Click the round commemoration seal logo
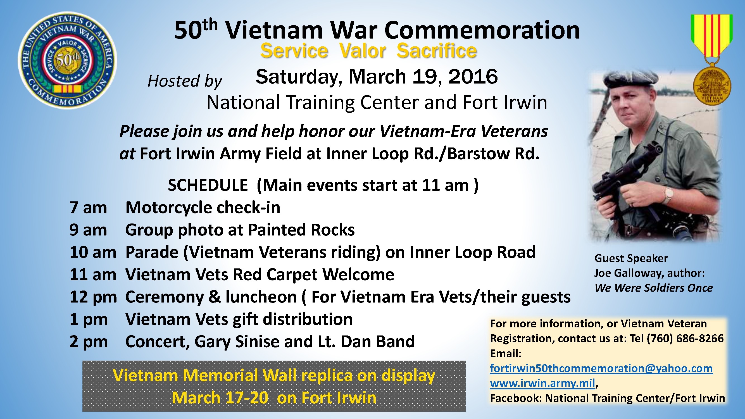[67, 60]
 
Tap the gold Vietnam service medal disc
[712, 86]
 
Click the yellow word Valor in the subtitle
[362, 51]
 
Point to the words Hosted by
[185, 81]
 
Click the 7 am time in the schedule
[88, 208]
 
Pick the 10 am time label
[93, 252]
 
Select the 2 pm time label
[89, 342]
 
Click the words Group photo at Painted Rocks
[240, 230]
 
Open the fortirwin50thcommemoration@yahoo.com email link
[601, 368]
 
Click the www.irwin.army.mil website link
[542, 383]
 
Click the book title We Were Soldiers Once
[654, 288]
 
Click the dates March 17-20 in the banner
[220, 398]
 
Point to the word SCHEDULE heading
[208, 185]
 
